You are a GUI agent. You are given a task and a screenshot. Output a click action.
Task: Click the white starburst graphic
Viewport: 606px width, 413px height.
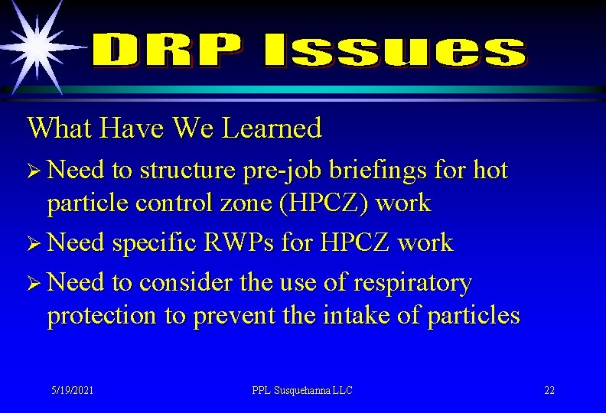pos(36,46)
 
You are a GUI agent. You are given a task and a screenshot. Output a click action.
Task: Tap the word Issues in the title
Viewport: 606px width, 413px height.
pos(395,52)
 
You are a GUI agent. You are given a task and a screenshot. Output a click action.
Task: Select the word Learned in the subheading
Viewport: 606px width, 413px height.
pos(272,128)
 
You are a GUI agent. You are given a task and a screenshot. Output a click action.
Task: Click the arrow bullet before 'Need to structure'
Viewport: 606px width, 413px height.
pos(34,171)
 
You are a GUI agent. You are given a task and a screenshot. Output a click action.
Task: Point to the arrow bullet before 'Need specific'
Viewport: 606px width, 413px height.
pos(34,244)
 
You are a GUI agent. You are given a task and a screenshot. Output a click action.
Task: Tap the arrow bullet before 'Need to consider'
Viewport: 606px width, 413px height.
pos(34,284)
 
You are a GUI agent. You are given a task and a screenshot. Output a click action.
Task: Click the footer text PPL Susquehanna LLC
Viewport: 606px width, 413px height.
pos(302,390)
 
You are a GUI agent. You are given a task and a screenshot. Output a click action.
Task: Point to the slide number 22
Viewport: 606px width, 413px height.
pos(549,390)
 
